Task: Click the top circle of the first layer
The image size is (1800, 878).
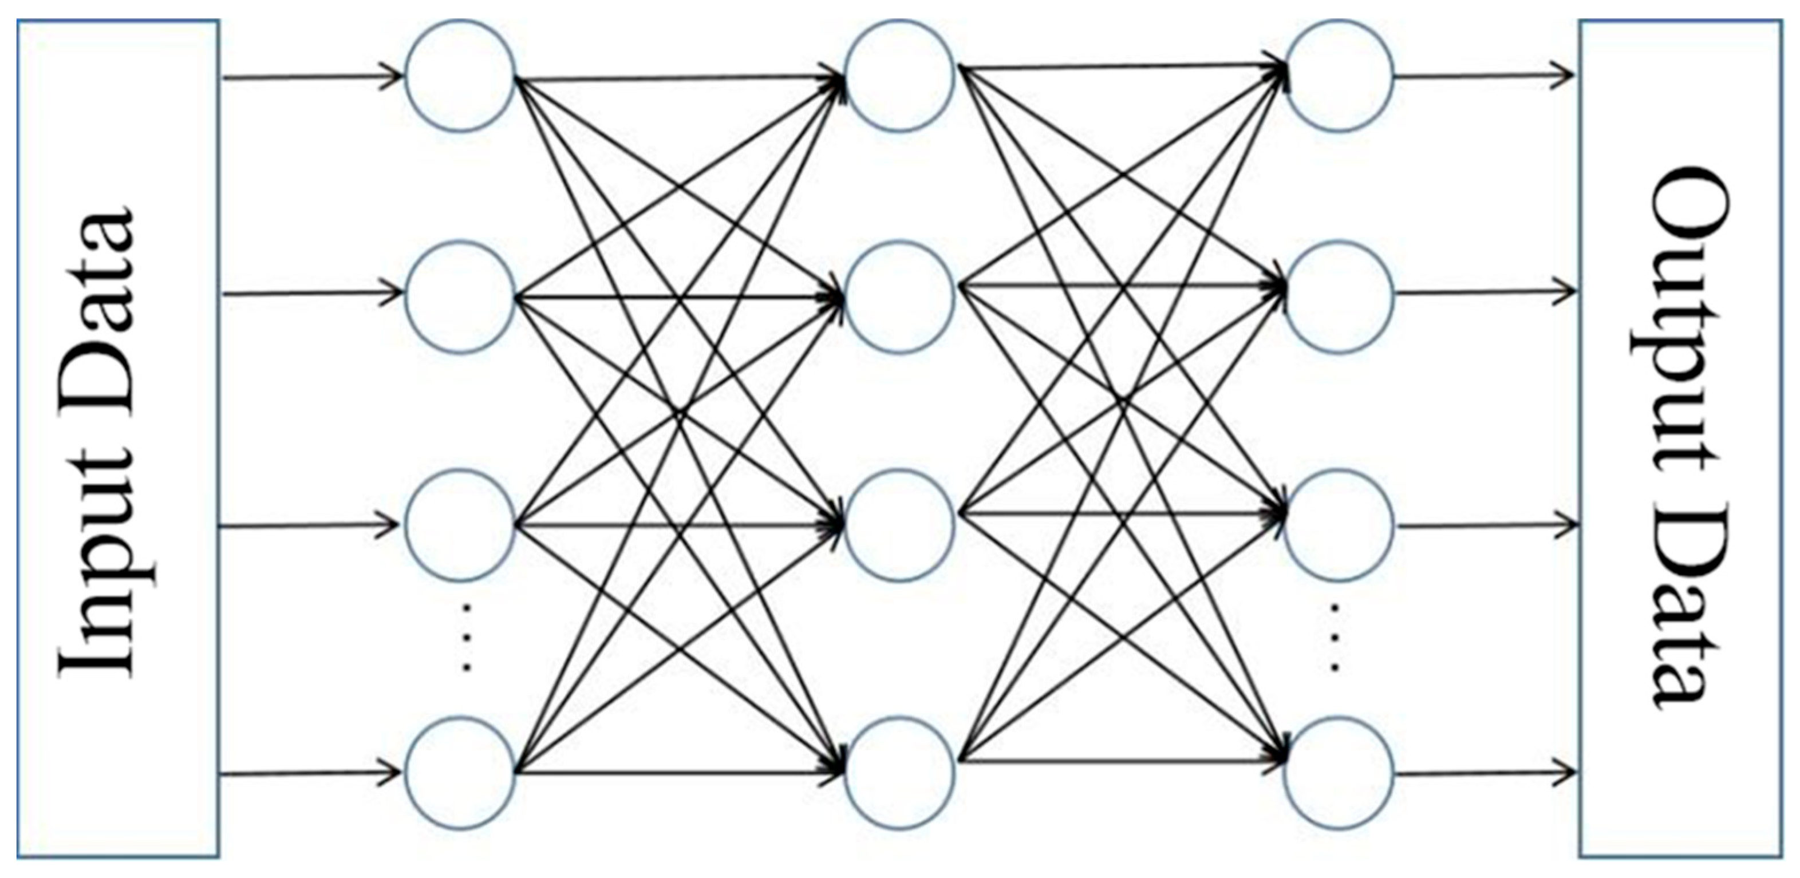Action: [460, 75]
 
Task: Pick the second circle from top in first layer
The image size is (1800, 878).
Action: [460, 297]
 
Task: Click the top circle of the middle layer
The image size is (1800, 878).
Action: [899, 75]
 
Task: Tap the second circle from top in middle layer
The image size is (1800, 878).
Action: [899, 297]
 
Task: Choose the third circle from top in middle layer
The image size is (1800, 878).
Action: [899, 525]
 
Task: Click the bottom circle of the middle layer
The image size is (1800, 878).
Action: [899, 773]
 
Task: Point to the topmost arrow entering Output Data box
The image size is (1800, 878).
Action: [1481, 75]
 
